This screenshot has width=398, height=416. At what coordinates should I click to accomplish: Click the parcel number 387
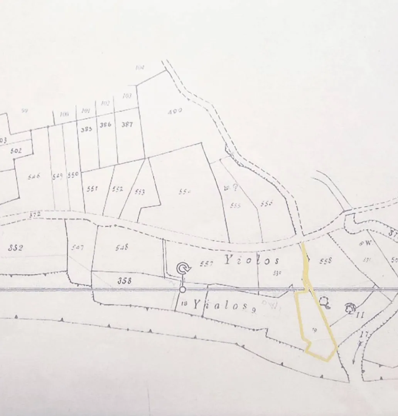click(x=127, y=125)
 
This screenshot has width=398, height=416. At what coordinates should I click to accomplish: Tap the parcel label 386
click(x=105, y=125)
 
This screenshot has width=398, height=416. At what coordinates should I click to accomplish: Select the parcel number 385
click(x=86, y=129)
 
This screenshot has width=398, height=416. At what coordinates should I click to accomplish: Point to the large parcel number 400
click(x=175, y=112)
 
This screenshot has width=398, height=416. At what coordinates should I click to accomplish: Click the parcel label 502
click(x=16, y=151)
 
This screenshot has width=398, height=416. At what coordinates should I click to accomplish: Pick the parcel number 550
click(x=73, y=175)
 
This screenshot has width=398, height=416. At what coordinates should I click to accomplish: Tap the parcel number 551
click(x=93, y=189)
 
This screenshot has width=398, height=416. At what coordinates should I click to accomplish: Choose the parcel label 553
click(x=140, y=192)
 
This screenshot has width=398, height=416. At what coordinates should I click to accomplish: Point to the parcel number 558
click(x=326, y=261)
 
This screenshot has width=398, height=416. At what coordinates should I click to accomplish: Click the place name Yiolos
click(x=251, y=261)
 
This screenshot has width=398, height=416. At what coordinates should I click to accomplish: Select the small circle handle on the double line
click(x=183, y=289)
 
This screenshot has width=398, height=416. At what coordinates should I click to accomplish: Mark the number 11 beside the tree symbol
click(x=361, y=315)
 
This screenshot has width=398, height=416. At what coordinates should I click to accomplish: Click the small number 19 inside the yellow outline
click(x=314, y=329)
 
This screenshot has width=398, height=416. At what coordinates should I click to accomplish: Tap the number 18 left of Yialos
click(x=184, y=304)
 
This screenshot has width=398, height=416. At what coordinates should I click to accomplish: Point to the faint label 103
click(x=127, y=96)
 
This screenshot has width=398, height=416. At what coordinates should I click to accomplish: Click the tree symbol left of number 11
click(x=350, y=307)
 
